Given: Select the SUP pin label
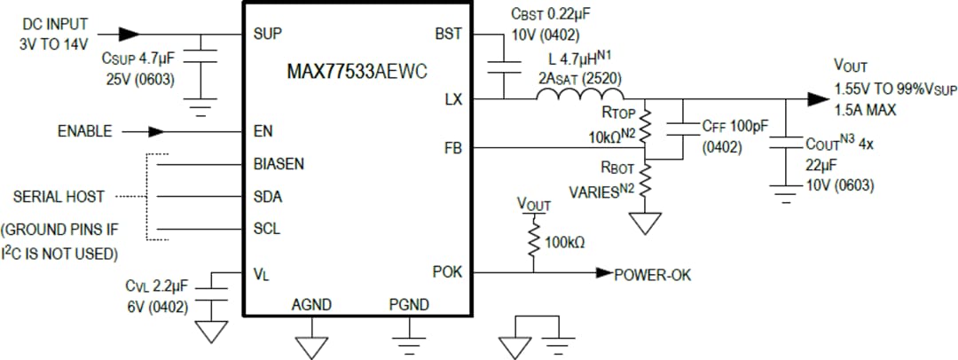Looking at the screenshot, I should (x=268, y=34).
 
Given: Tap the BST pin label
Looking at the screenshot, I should (x=448, y=34).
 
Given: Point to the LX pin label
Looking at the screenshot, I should (x=452, y=99).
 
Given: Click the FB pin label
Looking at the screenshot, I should (x=452, y=147).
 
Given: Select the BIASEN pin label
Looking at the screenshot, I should (x=279, y=164).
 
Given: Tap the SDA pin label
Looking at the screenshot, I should (x=268, y=196).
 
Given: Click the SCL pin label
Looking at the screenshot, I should (x=267, y=229).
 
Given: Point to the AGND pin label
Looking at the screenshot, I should (x=311, y=306).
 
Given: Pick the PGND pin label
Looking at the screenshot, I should (x=409, y=306).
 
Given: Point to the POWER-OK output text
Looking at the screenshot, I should (x=652, y=275).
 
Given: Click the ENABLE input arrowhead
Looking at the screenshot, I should (x=156, y=131).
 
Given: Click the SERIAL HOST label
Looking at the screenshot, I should (x=59, y=196).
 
